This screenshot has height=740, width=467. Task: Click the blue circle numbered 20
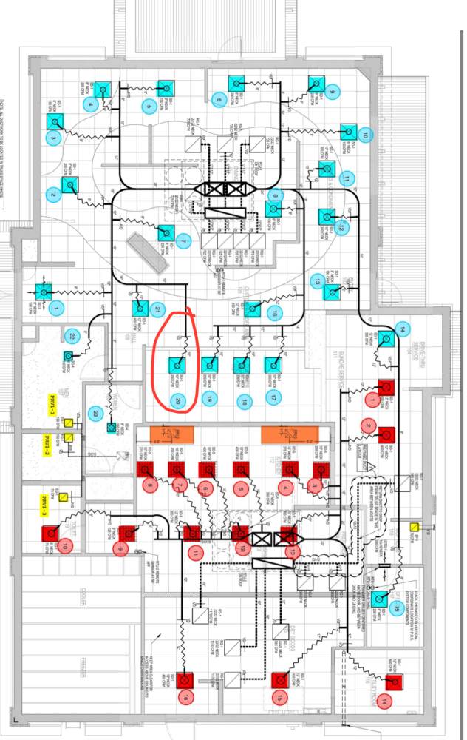coord(178,400)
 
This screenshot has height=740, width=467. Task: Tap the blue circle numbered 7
coord(183,241)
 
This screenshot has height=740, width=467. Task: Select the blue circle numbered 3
coord(53,138)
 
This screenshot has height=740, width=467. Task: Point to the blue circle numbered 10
coord(364,134)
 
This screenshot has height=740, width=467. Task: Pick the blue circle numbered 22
coord(71,337)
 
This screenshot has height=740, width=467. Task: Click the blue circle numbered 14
coord(402,329)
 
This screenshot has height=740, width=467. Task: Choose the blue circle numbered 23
coord(95,413)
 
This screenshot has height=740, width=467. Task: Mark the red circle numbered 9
coord(120,548)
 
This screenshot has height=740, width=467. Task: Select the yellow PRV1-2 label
coord(46,447)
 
